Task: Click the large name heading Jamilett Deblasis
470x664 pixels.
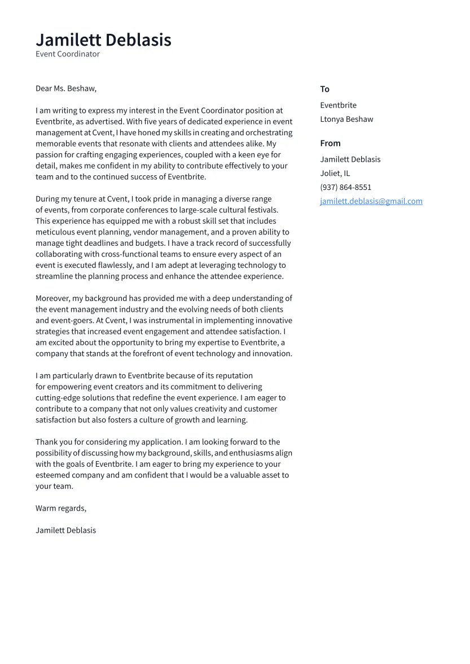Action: (x=103, y=40)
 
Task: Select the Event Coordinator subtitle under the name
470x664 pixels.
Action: (x=68, y=54)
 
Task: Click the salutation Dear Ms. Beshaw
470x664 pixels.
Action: (x=66, y=88)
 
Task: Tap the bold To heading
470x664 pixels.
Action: (x=324, y=89)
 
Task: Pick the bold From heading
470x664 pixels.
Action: (x=330, y=143)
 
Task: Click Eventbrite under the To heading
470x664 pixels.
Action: (x=338, y=105)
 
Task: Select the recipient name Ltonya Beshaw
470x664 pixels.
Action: (x=346, y=119)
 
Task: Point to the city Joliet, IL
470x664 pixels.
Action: (x=335, y=173)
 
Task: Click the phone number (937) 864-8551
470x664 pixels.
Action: (x=345, y=187)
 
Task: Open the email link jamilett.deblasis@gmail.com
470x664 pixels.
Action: (x=371, y=201)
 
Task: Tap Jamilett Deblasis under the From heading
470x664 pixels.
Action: (x=350, y=160)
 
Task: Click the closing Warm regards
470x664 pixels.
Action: (x=61, y=508)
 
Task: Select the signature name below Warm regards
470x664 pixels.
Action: (x=65, y=530)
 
